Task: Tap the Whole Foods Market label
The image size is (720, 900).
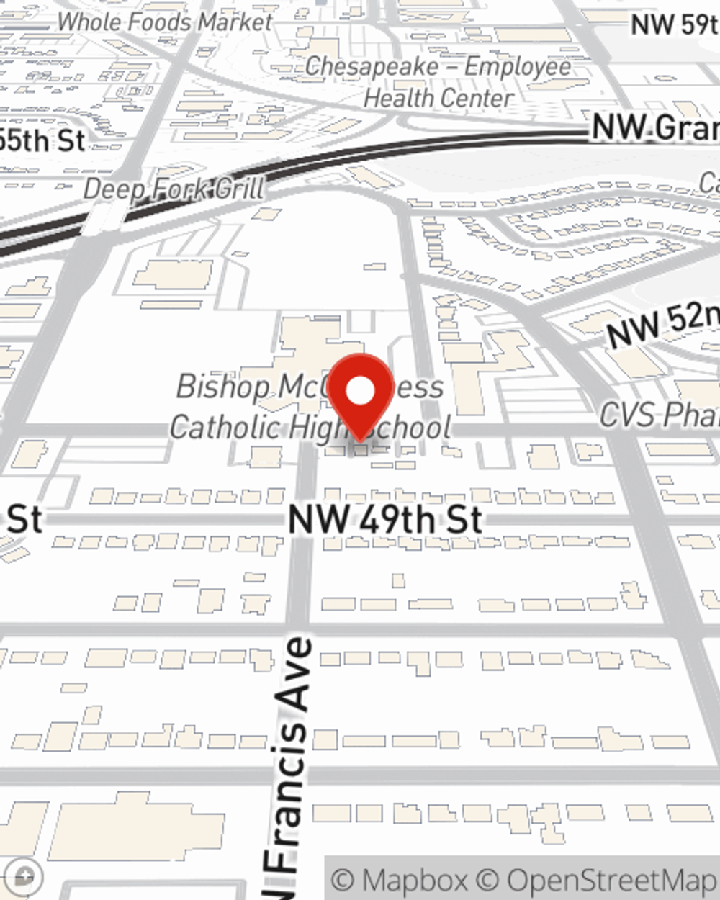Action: click(165, 22)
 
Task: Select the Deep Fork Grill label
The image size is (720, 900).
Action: click(174, 189)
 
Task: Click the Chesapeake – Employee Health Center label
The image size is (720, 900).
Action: click(438, 81)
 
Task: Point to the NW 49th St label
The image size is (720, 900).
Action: click(385, 519)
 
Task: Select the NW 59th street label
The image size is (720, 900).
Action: click(674, 24)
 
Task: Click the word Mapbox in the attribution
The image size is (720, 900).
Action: click(414, 881)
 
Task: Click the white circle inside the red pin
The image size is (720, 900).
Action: click(361, 392)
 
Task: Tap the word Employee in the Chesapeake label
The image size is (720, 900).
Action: click(518, 66)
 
